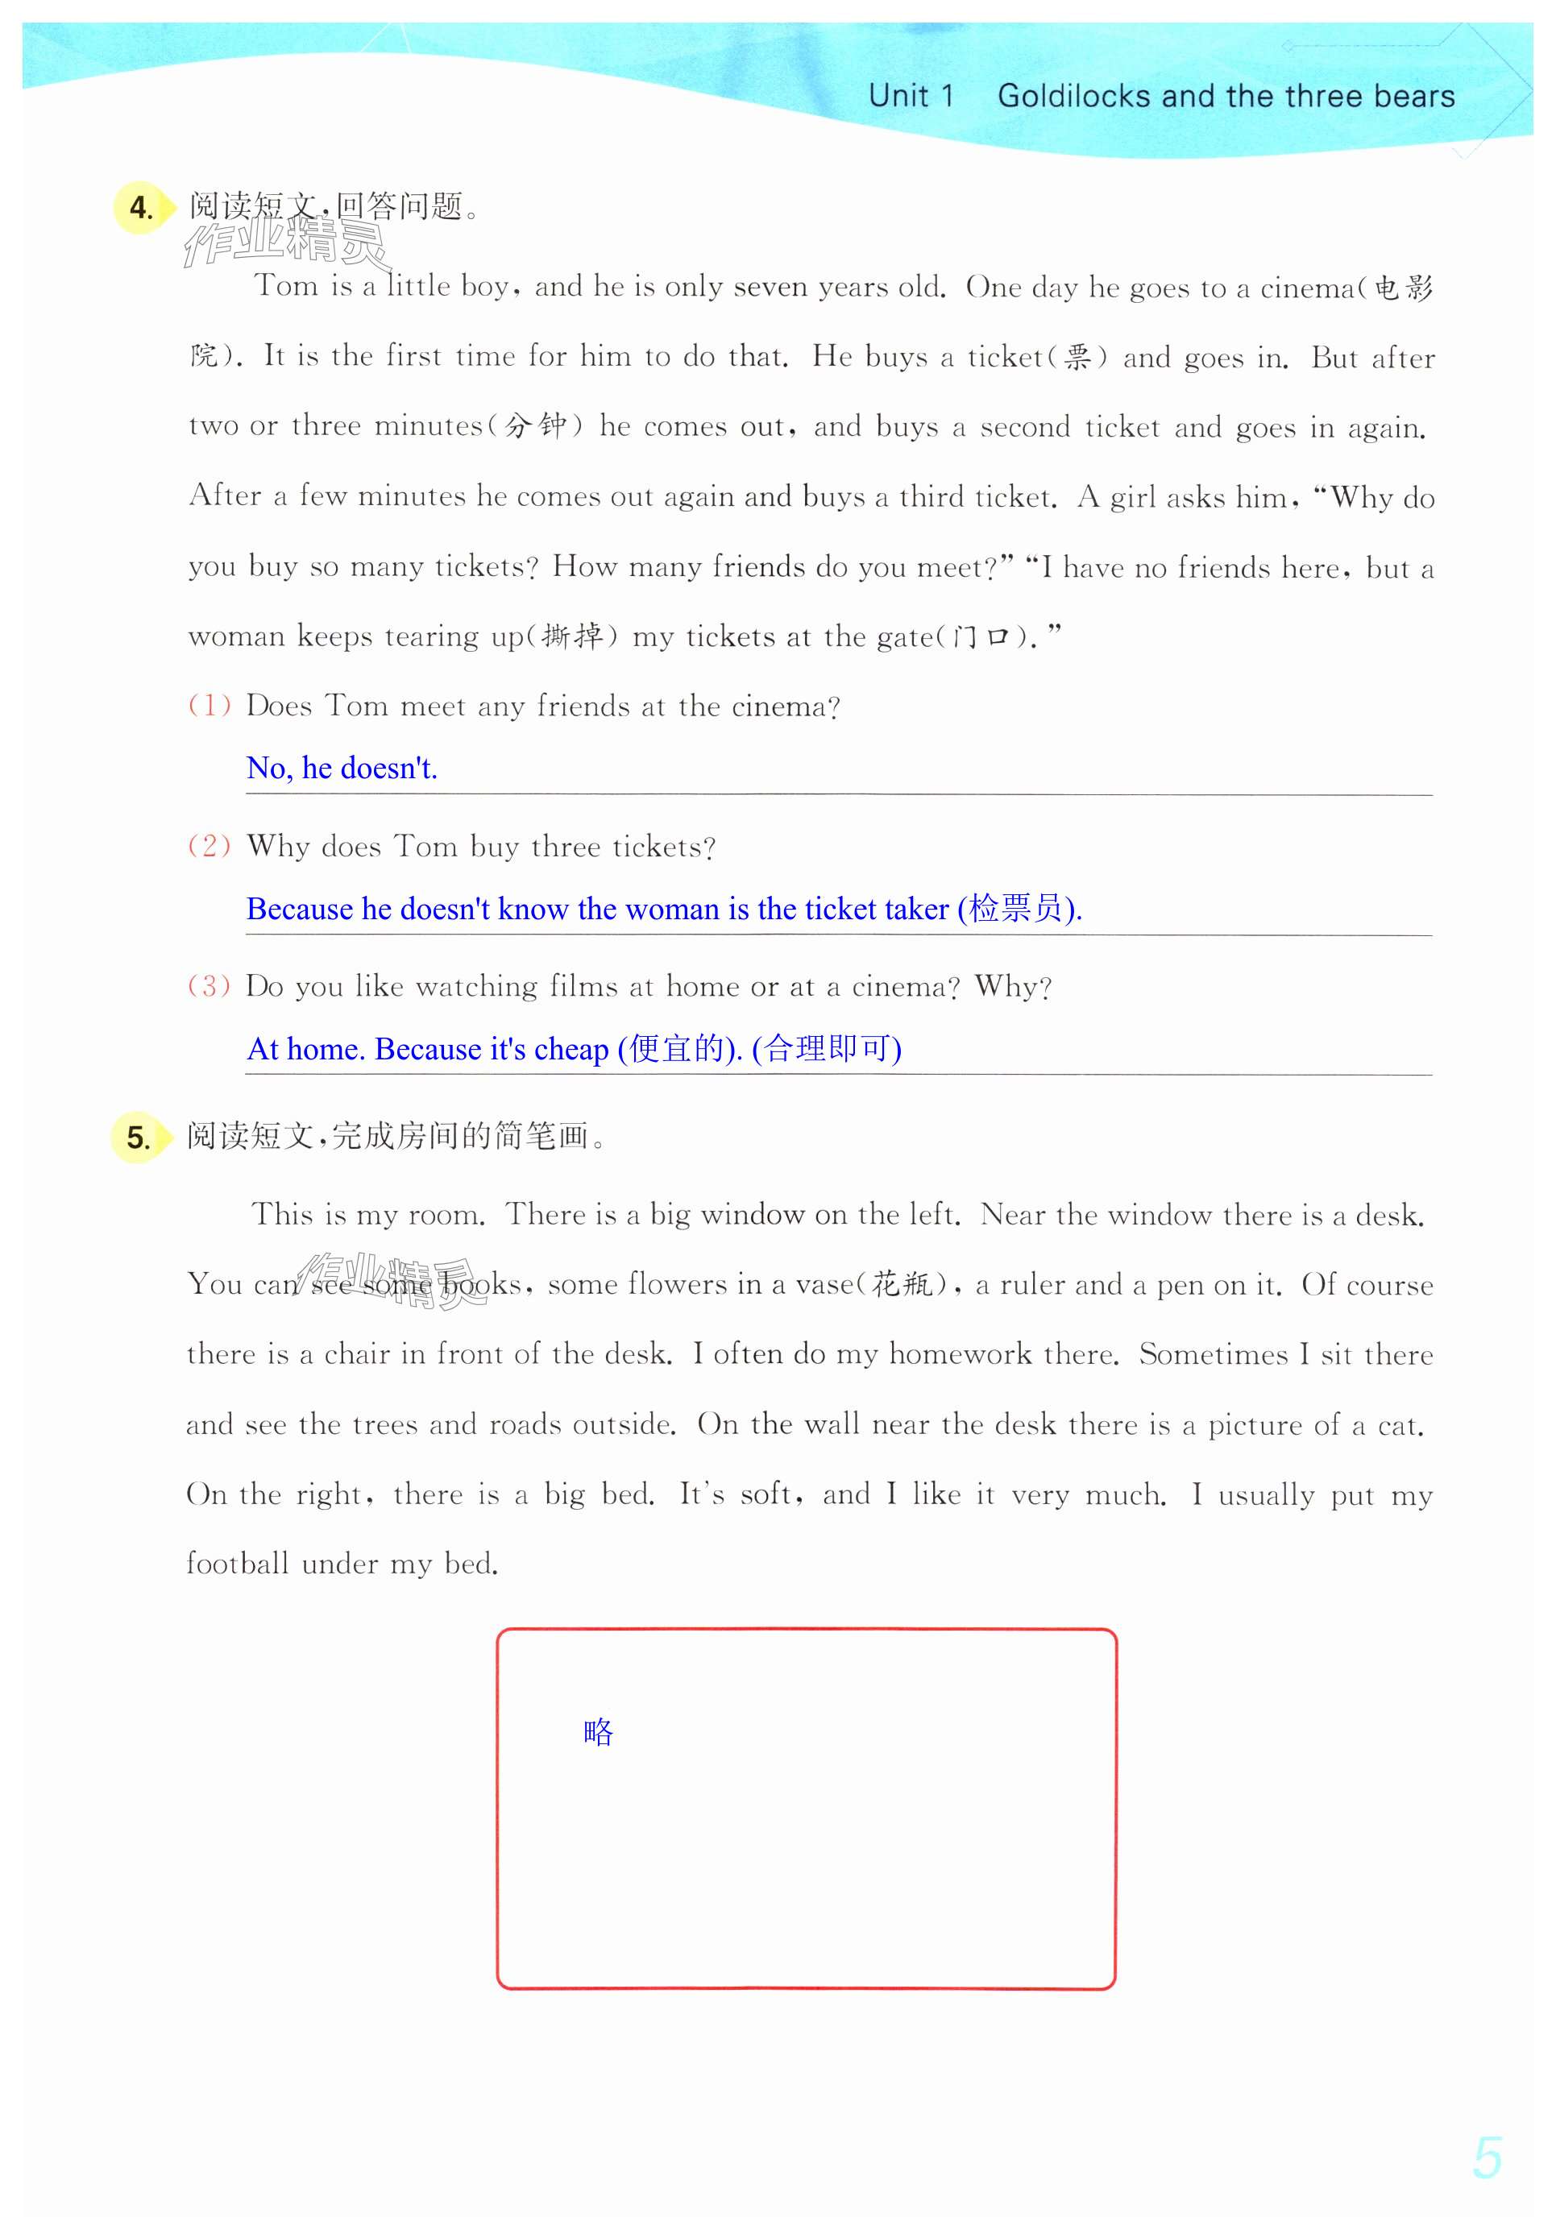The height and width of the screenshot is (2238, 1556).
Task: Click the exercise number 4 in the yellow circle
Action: coord(141,208)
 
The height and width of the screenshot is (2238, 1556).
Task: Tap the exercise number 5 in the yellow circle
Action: coord(139,1138)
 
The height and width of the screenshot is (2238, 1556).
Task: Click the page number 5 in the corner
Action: coord(1487,2158)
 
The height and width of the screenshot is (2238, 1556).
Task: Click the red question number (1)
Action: coord(210,705)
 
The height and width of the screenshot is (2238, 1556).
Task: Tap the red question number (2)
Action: coord(210,845)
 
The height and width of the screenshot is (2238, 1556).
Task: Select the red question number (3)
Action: coord(210,985)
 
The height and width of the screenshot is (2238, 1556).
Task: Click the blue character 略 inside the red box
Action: coord(598,1732)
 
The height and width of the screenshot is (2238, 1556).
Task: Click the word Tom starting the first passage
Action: coord(286,286)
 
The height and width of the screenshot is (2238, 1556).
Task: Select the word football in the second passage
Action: coord(238,1565)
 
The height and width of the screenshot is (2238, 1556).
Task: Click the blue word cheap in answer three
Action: coord(571,1049)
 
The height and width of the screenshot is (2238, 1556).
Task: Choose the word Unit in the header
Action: coord(898,97)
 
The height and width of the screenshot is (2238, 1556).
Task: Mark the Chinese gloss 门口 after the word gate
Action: coord(981,637)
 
